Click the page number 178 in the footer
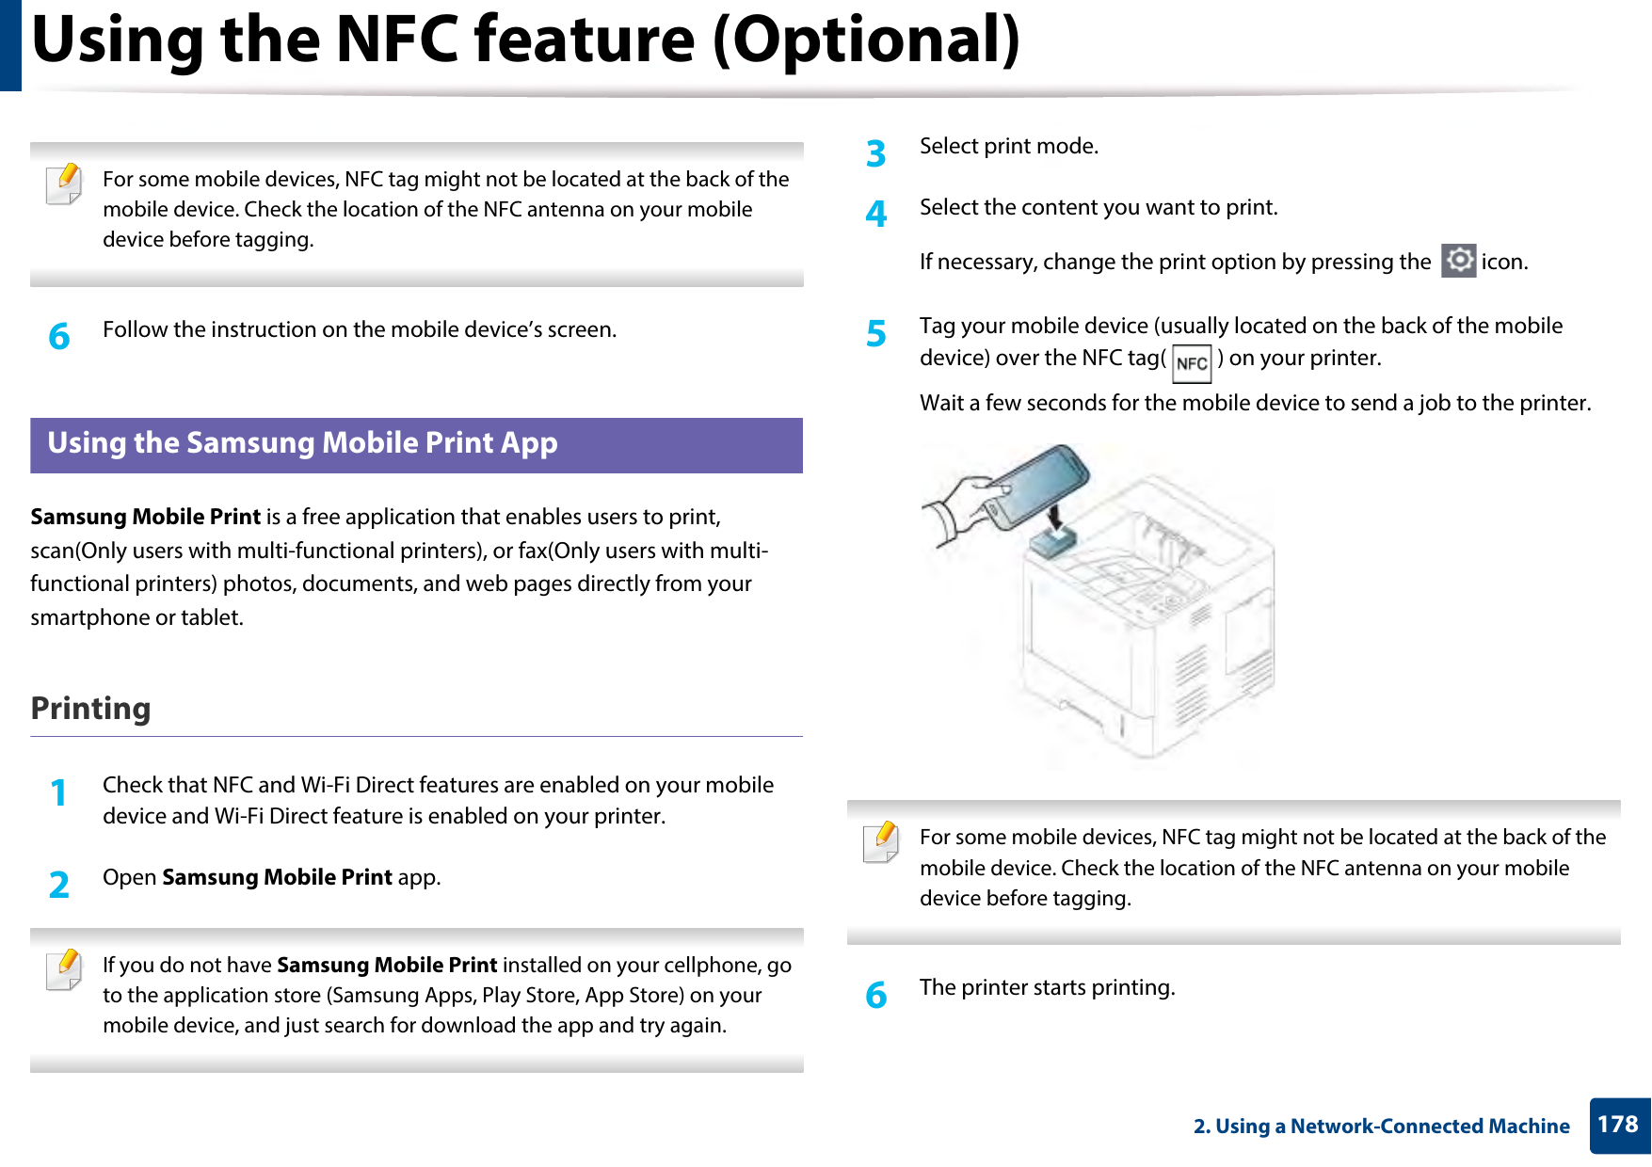[1618, 1125]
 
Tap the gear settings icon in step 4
[1458, 261]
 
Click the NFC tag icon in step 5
[1192, 363]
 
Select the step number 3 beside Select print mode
[876, 153]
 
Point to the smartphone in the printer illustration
[1034, 486]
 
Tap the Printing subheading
[90, 708]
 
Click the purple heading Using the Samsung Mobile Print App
[302, 443]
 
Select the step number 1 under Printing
[59, 792]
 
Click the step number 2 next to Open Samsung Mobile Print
[59, 885]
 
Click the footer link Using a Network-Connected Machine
[1381, 1126]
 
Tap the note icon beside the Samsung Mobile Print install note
[64, 970]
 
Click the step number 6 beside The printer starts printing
[876, 995]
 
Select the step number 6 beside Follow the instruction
[59, 336]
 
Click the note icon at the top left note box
[64, 184]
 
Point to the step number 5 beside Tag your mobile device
[876, 333]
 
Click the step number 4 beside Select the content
[876, 215]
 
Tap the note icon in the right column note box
[881, 842]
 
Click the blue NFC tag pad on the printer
[1054, 542]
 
